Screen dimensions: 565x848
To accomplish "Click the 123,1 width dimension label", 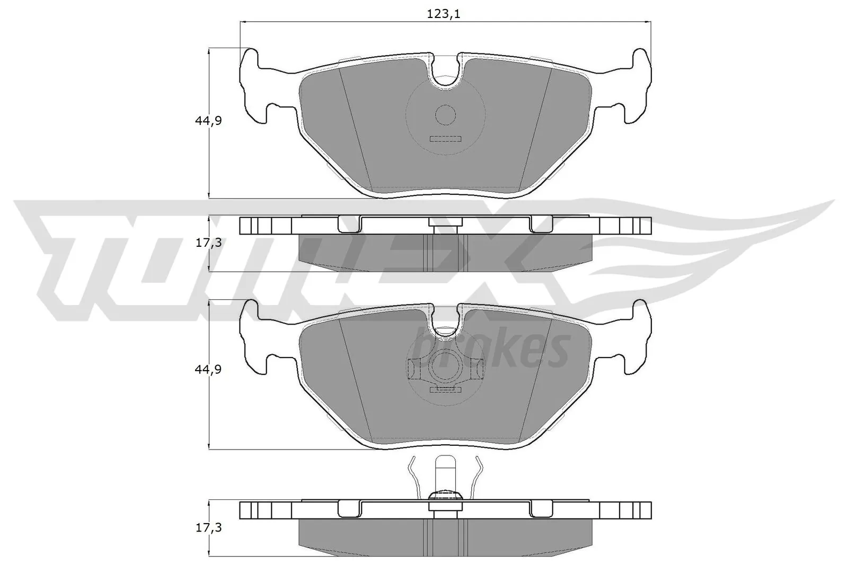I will pos(444,14).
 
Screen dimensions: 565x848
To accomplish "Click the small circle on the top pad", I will pos(445,115).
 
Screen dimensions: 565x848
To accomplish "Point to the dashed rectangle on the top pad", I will pos(445,139).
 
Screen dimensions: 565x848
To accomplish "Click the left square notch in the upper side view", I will pos(349,225).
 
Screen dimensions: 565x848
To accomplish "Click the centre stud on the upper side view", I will pos(445,226).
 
